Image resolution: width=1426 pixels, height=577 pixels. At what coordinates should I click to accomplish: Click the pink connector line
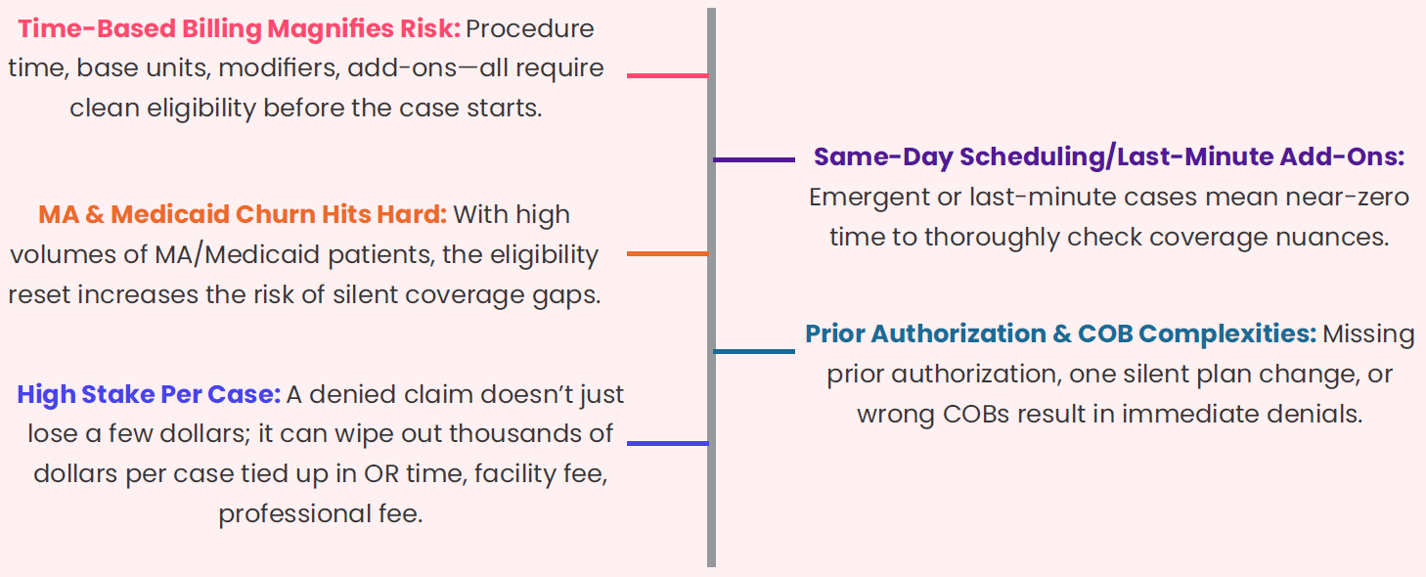667,75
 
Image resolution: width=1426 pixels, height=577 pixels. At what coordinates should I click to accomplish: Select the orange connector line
667,253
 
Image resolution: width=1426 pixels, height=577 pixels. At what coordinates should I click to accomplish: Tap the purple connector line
754,159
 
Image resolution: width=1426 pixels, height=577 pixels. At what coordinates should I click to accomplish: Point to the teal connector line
754,351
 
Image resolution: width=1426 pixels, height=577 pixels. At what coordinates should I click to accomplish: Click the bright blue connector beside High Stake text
667,443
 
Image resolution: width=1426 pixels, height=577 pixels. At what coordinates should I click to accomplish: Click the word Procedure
530,28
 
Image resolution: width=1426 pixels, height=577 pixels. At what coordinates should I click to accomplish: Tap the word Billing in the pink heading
221,29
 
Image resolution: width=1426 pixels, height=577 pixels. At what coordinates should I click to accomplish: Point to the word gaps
566,296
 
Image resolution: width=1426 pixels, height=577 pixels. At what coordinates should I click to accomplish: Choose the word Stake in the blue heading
117,394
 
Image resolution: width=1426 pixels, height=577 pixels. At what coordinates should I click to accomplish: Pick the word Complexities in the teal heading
1227,334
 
